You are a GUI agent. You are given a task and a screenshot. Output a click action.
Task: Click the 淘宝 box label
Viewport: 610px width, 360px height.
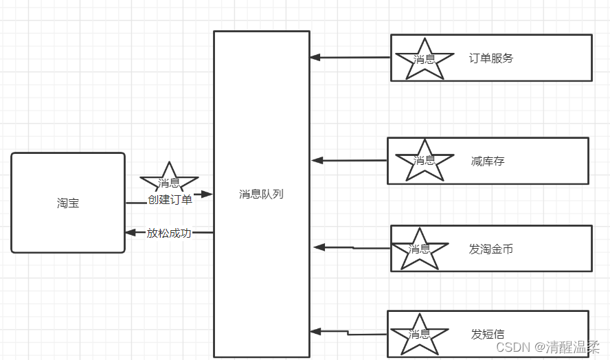(68, 203)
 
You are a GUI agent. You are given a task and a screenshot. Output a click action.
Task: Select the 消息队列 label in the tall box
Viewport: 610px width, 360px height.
(261, 194)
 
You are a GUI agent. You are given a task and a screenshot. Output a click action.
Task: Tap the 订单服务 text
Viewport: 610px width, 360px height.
(491, 58)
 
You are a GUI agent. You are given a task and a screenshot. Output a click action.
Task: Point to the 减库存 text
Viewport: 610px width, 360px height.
(488, 161)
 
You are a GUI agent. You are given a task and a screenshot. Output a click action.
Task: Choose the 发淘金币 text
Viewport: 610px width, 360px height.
(491, 249)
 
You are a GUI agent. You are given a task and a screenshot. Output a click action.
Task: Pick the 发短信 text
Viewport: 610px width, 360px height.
(488, 335)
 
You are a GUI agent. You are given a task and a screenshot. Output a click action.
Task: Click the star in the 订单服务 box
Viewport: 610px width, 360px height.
(424, 59)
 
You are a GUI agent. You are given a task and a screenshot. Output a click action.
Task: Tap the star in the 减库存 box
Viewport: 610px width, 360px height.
(425, 160)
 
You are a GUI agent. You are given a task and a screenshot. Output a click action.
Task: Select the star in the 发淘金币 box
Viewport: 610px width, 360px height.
(419, 249)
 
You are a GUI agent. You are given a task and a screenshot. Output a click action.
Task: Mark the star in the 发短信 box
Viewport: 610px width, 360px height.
(419, 335)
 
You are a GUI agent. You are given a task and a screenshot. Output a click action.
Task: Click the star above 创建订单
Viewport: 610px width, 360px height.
(169, 181)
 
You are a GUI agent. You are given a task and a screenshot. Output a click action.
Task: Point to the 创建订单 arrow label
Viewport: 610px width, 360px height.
(170, 200)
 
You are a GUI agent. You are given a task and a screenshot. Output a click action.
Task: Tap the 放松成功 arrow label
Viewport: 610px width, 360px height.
(169, 233)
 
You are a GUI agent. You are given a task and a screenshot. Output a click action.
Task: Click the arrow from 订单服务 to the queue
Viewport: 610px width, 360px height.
(350, 58)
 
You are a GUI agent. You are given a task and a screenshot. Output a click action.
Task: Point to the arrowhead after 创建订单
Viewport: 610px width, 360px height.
(207, 194)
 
